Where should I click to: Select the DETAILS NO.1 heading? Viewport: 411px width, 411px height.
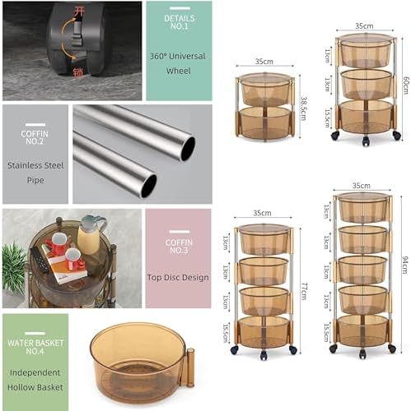pyautogui.click(x=178, y=21)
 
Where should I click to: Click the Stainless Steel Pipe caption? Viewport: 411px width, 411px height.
pyautogui.click(x=35, y=174)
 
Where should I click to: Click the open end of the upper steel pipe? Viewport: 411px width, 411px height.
pyautogui.click(x=189, y=148)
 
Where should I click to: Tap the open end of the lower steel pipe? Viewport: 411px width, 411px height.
pyautogui.click(x=148, y=186)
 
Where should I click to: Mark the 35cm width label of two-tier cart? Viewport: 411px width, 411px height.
pyautogui.click(x=264, y=62)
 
